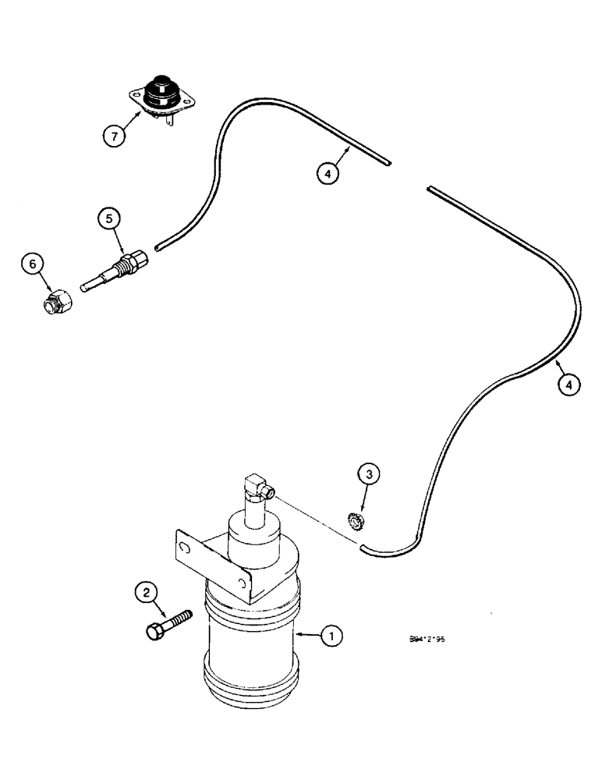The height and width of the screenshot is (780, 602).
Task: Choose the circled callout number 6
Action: tap(32, 265)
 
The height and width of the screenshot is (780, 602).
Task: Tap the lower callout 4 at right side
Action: tap(569, 385)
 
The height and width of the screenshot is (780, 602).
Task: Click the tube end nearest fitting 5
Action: tap(158, 248)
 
